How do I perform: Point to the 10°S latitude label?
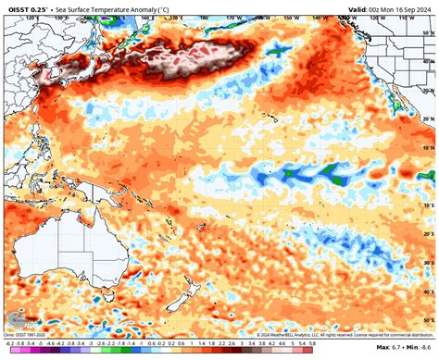[429, 205]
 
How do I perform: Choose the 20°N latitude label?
[429, 118]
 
